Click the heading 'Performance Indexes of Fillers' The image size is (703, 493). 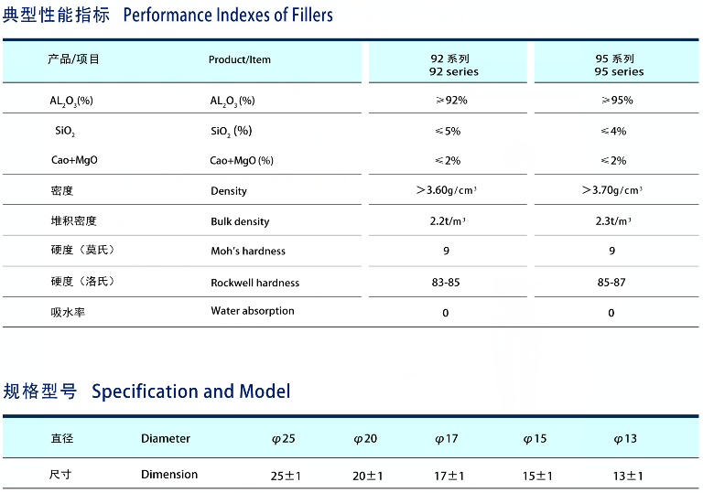[227, 16]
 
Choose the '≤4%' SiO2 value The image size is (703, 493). [612, 131]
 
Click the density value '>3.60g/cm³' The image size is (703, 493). [447, 190]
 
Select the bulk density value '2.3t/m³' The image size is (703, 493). [611, 220]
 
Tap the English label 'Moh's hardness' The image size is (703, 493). [247, 251]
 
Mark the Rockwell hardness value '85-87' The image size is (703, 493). [611, 282]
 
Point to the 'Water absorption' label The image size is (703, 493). [253, 311]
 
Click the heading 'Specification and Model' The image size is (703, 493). [190, 391]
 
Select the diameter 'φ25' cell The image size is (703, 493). [284, 439]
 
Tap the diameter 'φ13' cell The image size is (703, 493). [625, 439]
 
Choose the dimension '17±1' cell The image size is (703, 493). [449, 476]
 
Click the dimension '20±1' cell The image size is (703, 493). [367, 476]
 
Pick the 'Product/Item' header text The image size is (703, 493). [240, 59]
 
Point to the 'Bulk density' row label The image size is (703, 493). [240, 221]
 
